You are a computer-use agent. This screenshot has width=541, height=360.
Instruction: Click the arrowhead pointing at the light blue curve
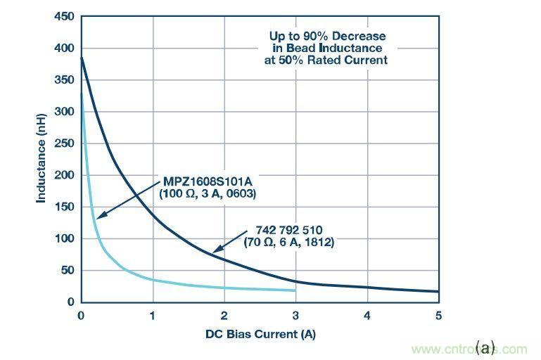(x=99, y=218)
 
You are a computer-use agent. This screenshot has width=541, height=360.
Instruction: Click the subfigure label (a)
(x=485, y=347)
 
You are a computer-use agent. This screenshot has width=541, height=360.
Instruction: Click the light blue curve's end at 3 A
(x=295, y=290)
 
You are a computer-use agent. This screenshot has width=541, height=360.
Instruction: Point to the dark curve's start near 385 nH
(x=82, y=58)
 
